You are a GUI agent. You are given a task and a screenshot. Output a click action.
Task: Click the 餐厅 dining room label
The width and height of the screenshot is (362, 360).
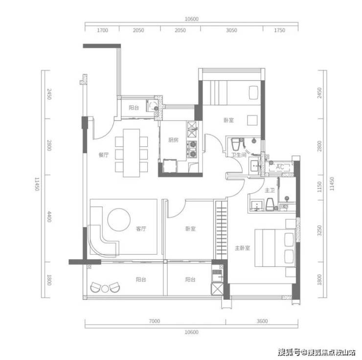click(x=103, y=155)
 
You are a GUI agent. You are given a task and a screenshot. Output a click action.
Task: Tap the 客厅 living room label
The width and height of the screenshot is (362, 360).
click(x=141, y=229)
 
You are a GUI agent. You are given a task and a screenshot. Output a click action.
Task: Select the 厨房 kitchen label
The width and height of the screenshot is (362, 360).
click(x=173, y=140)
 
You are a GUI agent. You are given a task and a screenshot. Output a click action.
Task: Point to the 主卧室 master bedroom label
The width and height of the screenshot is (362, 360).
click(x=243, y=248)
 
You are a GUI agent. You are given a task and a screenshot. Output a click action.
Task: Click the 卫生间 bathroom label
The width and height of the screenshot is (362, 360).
click(x=239, y=155)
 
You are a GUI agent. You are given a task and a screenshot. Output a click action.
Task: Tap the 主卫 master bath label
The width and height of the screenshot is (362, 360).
click(x=270, y=191)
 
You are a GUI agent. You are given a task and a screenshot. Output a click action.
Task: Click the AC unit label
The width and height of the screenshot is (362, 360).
click(x=280, y=167)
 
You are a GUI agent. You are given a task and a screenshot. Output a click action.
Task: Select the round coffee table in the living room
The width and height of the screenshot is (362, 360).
click(x=119, y=220)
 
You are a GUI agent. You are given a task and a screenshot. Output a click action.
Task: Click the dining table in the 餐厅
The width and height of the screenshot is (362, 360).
click(x=132, y=153)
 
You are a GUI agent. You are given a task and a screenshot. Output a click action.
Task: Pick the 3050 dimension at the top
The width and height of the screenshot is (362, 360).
click(x=231, y=30)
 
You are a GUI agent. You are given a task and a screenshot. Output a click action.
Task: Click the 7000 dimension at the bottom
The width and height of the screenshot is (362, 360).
click(x=154, y=321)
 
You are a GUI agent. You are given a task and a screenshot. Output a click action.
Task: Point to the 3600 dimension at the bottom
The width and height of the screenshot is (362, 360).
click(x=262, y=321)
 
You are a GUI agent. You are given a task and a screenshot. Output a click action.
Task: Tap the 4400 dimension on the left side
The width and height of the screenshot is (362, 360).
click(x=49, y=216)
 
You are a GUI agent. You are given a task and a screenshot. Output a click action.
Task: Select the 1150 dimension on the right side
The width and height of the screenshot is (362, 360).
click(x=319, y=187)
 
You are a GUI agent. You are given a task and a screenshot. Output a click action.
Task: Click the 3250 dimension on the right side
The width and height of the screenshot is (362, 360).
click(x=319, y=231)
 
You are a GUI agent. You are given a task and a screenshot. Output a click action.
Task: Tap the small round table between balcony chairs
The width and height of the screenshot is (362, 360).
click(x=105, y=289)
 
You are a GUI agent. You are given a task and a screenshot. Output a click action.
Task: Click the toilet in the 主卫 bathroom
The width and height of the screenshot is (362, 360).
click(x=270, y=204)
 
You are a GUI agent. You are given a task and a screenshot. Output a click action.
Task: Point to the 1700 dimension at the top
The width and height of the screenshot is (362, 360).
click(x=102, y=30)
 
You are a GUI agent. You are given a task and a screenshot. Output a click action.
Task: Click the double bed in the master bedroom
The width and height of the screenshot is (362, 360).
click(x=275, y=248)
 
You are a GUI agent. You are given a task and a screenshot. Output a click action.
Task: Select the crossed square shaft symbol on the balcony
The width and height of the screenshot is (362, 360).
click(x=217, y=289)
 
